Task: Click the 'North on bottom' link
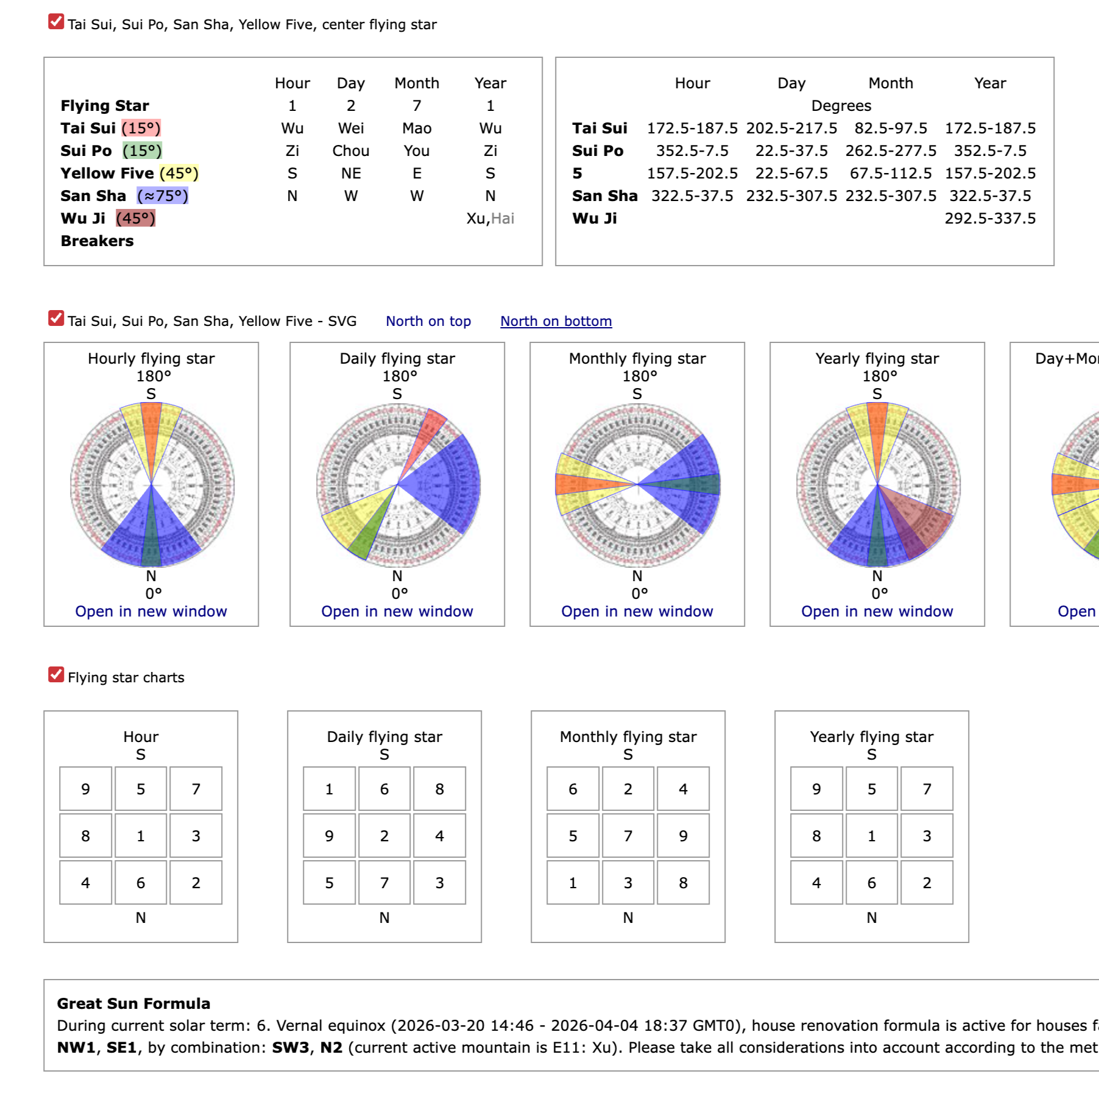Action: [x=556, y=321]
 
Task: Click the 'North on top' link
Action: [x=428, y=321]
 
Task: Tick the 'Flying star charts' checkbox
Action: [x=56, y=675]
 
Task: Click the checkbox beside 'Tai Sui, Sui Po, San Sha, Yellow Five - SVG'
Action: [x=56, y=319]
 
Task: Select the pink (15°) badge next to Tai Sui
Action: [x=141, y=128]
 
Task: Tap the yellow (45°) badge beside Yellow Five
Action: [x=179, y=173]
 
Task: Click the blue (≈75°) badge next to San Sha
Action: [x=163, y=196]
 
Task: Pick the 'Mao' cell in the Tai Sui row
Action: [x=417, y=128]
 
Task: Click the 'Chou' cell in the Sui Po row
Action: [x=351, y=150]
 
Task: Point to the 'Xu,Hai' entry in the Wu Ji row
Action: [x=490, y=218]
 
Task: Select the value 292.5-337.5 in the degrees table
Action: [x=990, y=218]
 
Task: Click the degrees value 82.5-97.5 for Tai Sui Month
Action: [x=891, y=128]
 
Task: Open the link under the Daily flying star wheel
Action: [x=397, y=611]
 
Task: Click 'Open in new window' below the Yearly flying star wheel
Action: [x=877, y=611]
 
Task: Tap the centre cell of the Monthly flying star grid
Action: [x=628, y=836]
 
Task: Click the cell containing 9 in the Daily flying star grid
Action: [x=329, y=836]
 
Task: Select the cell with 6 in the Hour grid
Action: [x=141, y=883]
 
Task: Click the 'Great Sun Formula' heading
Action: [x=133, y=1003]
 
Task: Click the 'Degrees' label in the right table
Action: [x=841, y=105]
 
